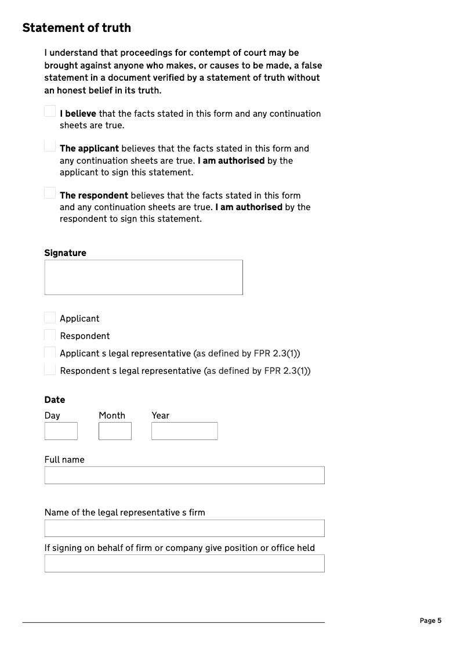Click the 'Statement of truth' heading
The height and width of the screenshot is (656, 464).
[x=77, y=28]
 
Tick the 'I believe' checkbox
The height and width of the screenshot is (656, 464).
[x=50, y=111]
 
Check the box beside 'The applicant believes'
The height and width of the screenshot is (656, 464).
[x=50, y=146]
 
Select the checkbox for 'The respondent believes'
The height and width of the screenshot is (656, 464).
[x=50, y=193]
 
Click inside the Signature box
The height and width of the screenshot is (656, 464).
[x=143, y=277]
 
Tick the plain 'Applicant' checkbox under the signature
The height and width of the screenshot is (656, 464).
[x=50, y=318]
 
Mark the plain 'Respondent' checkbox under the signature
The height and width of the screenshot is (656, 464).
[x=50, y=335]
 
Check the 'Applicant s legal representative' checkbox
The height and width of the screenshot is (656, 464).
[x=50, y=352]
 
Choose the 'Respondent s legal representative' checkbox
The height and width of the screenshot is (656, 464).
[x=50, y=370]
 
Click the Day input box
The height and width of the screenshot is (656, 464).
[x=61, y=431]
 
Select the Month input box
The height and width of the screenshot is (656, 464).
[x=115, y=431]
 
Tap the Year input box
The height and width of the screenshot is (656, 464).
[x=184, y=431]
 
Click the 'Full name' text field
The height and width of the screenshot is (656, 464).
[x=184, y=475]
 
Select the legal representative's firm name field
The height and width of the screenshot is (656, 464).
[x=184, y=528]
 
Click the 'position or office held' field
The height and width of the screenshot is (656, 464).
[x=184, y=563]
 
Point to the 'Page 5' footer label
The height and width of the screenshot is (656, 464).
[x=430, y=621]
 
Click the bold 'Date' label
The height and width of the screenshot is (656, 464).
[x=55, y=399]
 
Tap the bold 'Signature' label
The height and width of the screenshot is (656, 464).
[x=65, y=253]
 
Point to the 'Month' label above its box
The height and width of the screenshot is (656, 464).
[x=112, y=415]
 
